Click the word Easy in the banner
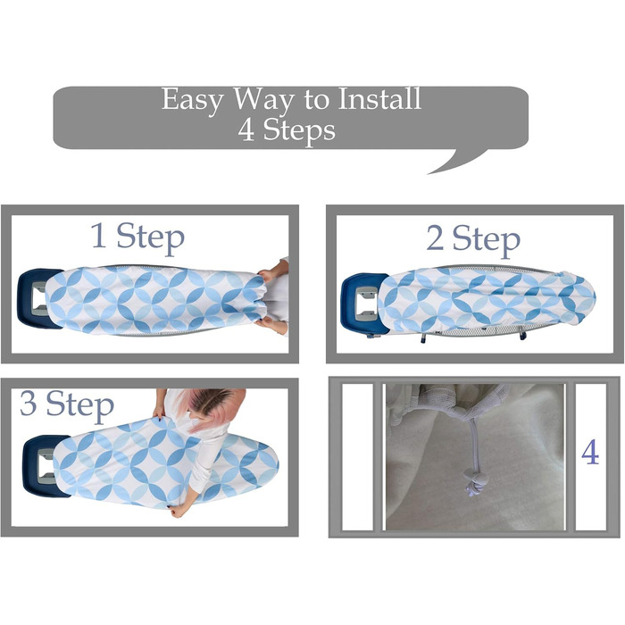click(x=191, y=100)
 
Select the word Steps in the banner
click(x=299, y=131)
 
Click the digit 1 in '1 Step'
click(x=99, y=235)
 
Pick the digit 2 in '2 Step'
click(x=435, y=237)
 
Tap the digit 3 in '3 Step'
click(x=29, y=403)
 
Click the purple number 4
click(x=590, y=452)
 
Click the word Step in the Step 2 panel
click(x=486, y=240)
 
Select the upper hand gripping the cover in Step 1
click(x=268, y=276)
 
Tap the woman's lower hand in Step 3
click(x=179, y=511)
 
